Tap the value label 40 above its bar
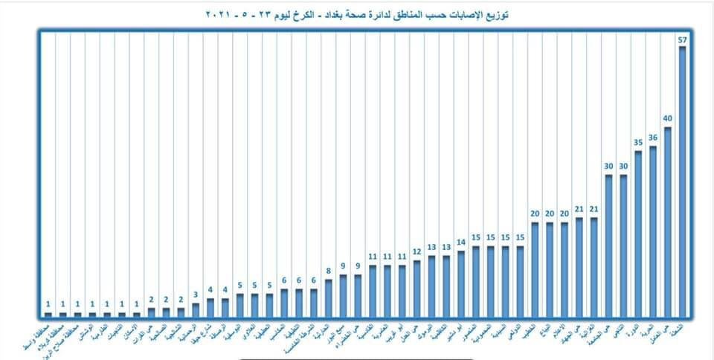[668, 118]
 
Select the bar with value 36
[653, 231]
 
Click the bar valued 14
[461, 283]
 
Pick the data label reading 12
[416, 251]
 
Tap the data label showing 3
[196, 294]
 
